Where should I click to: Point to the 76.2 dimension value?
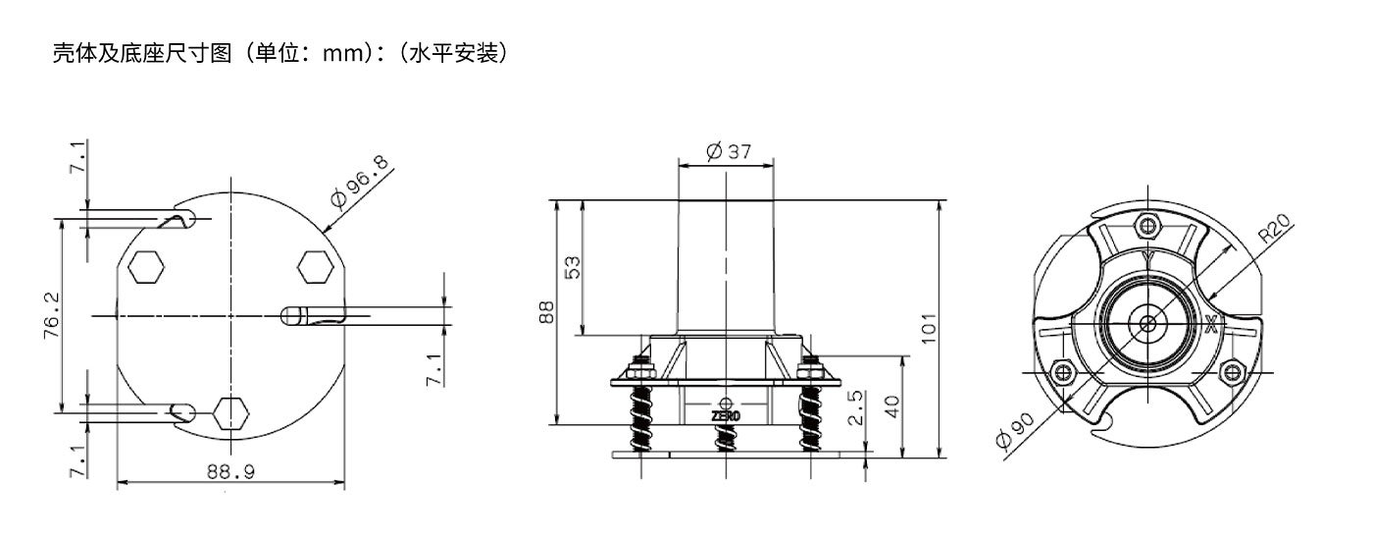[51, 315]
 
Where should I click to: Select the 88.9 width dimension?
[230, 471]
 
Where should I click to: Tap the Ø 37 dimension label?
[728, 151]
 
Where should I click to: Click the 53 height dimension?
[571, 267]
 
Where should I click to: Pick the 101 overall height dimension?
[929, 328]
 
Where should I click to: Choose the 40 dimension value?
[892, 406]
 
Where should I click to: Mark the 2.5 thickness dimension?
[855, 407]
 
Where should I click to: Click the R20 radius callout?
[1274, 228]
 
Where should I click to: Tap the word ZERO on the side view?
[726, 416]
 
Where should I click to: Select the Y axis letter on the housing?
[1147, 259]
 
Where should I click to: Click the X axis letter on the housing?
[1210, 324]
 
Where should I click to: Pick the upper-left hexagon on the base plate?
[146, 267]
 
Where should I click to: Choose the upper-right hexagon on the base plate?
[316, 267]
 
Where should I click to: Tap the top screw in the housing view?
[1147, 226]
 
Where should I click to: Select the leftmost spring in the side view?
[641, 419]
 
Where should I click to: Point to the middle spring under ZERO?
[727, 438]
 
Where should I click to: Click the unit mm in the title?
[343, 54]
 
